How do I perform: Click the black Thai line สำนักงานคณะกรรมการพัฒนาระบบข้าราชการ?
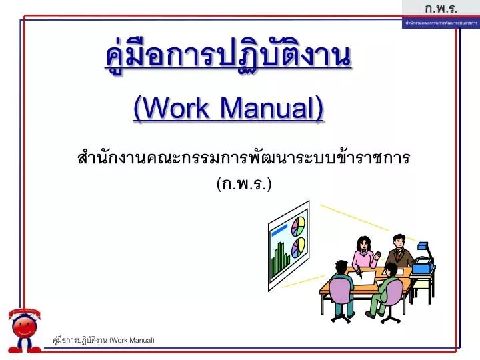pyautogui.click(x=243, y=159)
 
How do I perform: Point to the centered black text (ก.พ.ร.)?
pyautogui.click(x=244, y=183)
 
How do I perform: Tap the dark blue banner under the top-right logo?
pyautogui.click(x=441, y=23)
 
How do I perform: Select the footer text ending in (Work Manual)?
pyautogui.click(x=103, y=341)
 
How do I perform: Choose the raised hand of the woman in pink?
pyautogui.click(x=377, y=254)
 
